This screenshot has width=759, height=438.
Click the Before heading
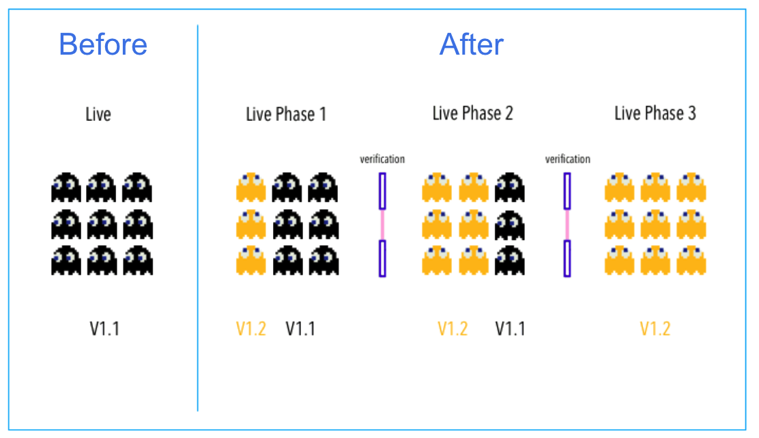tap(103, 45)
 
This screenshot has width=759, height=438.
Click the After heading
tap(472, 45)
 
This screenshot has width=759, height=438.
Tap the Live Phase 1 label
tap(286, 114)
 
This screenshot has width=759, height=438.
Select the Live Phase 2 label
tap(472, 113)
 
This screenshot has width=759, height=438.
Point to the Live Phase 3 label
tap(655, 113)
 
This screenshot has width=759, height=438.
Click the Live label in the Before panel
tap(98, 113)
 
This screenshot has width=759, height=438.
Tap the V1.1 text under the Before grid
tap(104, 329)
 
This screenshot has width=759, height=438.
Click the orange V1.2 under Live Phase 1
tap(250, 329)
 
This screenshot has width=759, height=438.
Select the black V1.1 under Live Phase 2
tap(510, 329)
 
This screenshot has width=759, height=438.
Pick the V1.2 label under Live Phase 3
tap(655, 329)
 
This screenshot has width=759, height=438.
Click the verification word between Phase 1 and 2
tap(382, 159)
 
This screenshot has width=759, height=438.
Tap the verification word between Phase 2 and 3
tap(567, 159)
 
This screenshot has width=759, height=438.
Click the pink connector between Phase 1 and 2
tap(382, 224)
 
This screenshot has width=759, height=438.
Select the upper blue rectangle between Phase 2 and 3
tap(567, 191)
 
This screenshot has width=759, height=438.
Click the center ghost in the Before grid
tap(102, 224)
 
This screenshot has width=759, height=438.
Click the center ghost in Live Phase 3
tap(655, 224)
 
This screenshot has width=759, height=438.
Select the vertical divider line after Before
tap(198, 219)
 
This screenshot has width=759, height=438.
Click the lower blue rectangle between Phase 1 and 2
tap(382, 258)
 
